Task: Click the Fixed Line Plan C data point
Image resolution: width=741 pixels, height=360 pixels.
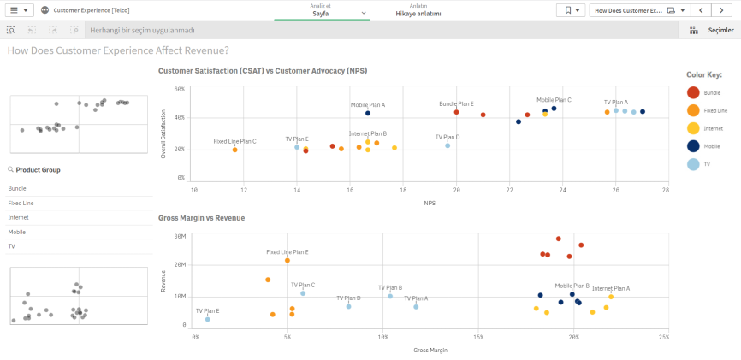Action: pyautogui.click(x=234, y=150)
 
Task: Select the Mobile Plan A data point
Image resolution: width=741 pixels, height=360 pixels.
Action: pyautogui.click(x=368, y=113)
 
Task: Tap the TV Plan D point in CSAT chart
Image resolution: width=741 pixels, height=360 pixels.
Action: pyautogui.click(x=448, y=145)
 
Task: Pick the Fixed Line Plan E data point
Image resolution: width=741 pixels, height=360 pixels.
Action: pyautogui.click(x=288, y=260)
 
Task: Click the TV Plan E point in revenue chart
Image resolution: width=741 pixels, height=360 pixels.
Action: pyautogui.click(x=207, y=319)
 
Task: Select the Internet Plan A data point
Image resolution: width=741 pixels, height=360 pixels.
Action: pyautogui.click(x=611, y=297)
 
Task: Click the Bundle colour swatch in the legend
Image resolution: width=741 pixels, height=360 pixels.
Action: pyautogui.click(x=693, y=92)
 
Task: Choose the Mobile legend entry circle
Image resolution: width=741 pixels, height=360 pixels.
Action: pyautogui.click(x=693, y=145)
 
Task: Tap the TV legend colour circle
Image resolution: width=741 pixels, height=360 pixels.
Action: pyautogui.click(x=693, y=163)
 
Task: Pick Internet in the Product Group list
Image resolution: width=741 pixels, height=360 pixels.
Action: pyautogui.click(x=18, y=218)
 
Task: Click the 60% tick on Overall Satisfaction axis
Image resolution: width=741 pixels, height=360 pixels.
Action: pyautogui.click(x=180, y=89)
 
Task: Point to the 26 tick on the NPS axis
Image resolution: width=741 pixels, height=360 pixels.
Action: pyautogui.click(x=616, y=189)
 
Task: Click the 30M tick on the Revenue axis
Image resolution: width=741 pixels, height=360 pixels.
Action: pyautogui.click(x=180, y=236)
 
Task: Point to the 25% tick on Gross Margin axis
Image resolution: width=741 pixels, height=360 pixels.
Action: pyautogui.click(x=664, y=338)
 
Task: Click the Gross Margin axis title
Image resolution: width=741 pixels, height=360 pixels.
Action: pyautogui.click(x=430, y=351)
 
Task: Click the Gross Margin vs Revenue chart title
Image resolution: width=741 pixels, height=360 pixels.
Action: pyautogui.click(x=202, y=218)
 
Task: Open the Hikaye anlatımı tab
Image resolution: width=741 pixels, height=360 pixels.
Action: pyautogui.click(x=418, y=14)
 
